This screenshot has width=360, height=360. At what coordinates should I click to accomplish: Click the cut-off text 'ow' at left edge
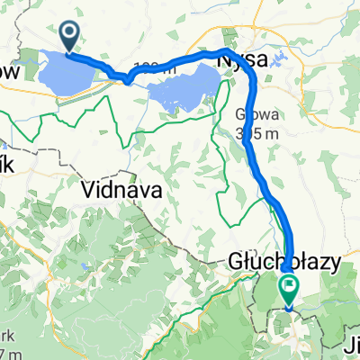[9, 70]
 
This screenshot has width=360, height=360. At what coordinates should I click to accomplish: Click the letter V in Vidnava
[89, 190]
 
